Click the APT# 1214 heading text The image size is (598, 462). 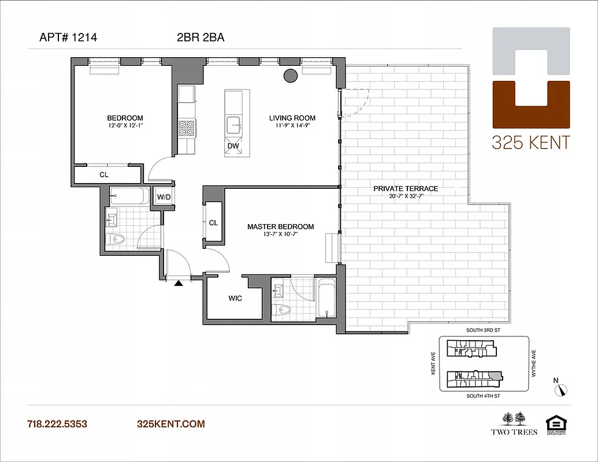pyautogui.click(x=68, y=38)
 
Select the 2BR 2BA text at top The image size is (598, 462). pyautogui.click(x=200, y=38)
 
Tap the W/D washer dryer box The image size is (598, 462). pyautogui.click(x=164, y=198)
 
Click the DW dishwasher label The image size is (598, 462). pyautogui.click(x=233, y=146)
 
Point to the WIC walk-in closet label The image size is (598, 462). pyautogui.click(x=235, y=298)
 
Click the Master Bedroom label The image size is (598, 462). pyautogui.click(x=280, y=226)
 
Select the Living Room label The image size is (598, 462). pyautogui.click(x=292, y=118)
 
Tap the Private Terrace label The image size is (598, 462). pyautogui.click(x=406, y=188)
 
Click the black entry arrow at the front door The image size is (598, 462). pyautogui.click(x=179, y=283)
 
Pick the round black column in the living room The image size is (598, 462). pyautogui.click(x=290, y=75)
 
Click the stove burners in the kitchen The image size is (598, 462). pyautogui.click(x=187, y=128)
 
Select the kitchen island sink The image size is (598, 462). pyautogui.click(x=234, y=123)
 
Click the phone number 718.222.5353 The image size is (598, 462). pyautogui.click(x=57, y=424)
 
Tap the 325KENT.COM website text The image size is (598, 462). pyautogui.click(x=170, y=424)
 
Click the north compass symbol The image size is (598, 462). pyautogui.click(x=559, y=389)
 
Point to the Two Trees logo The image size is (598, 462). pyautogui.click(x=514, y=423)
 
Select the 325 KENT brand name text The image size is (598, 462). pyautogui.click(x=530, y=142)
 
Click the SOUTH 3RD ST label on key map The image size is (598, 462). pyautogui.click(x=482, y=331)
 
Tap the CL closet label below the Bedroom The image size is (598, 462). pyautogui.click(x=103, y=174)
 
